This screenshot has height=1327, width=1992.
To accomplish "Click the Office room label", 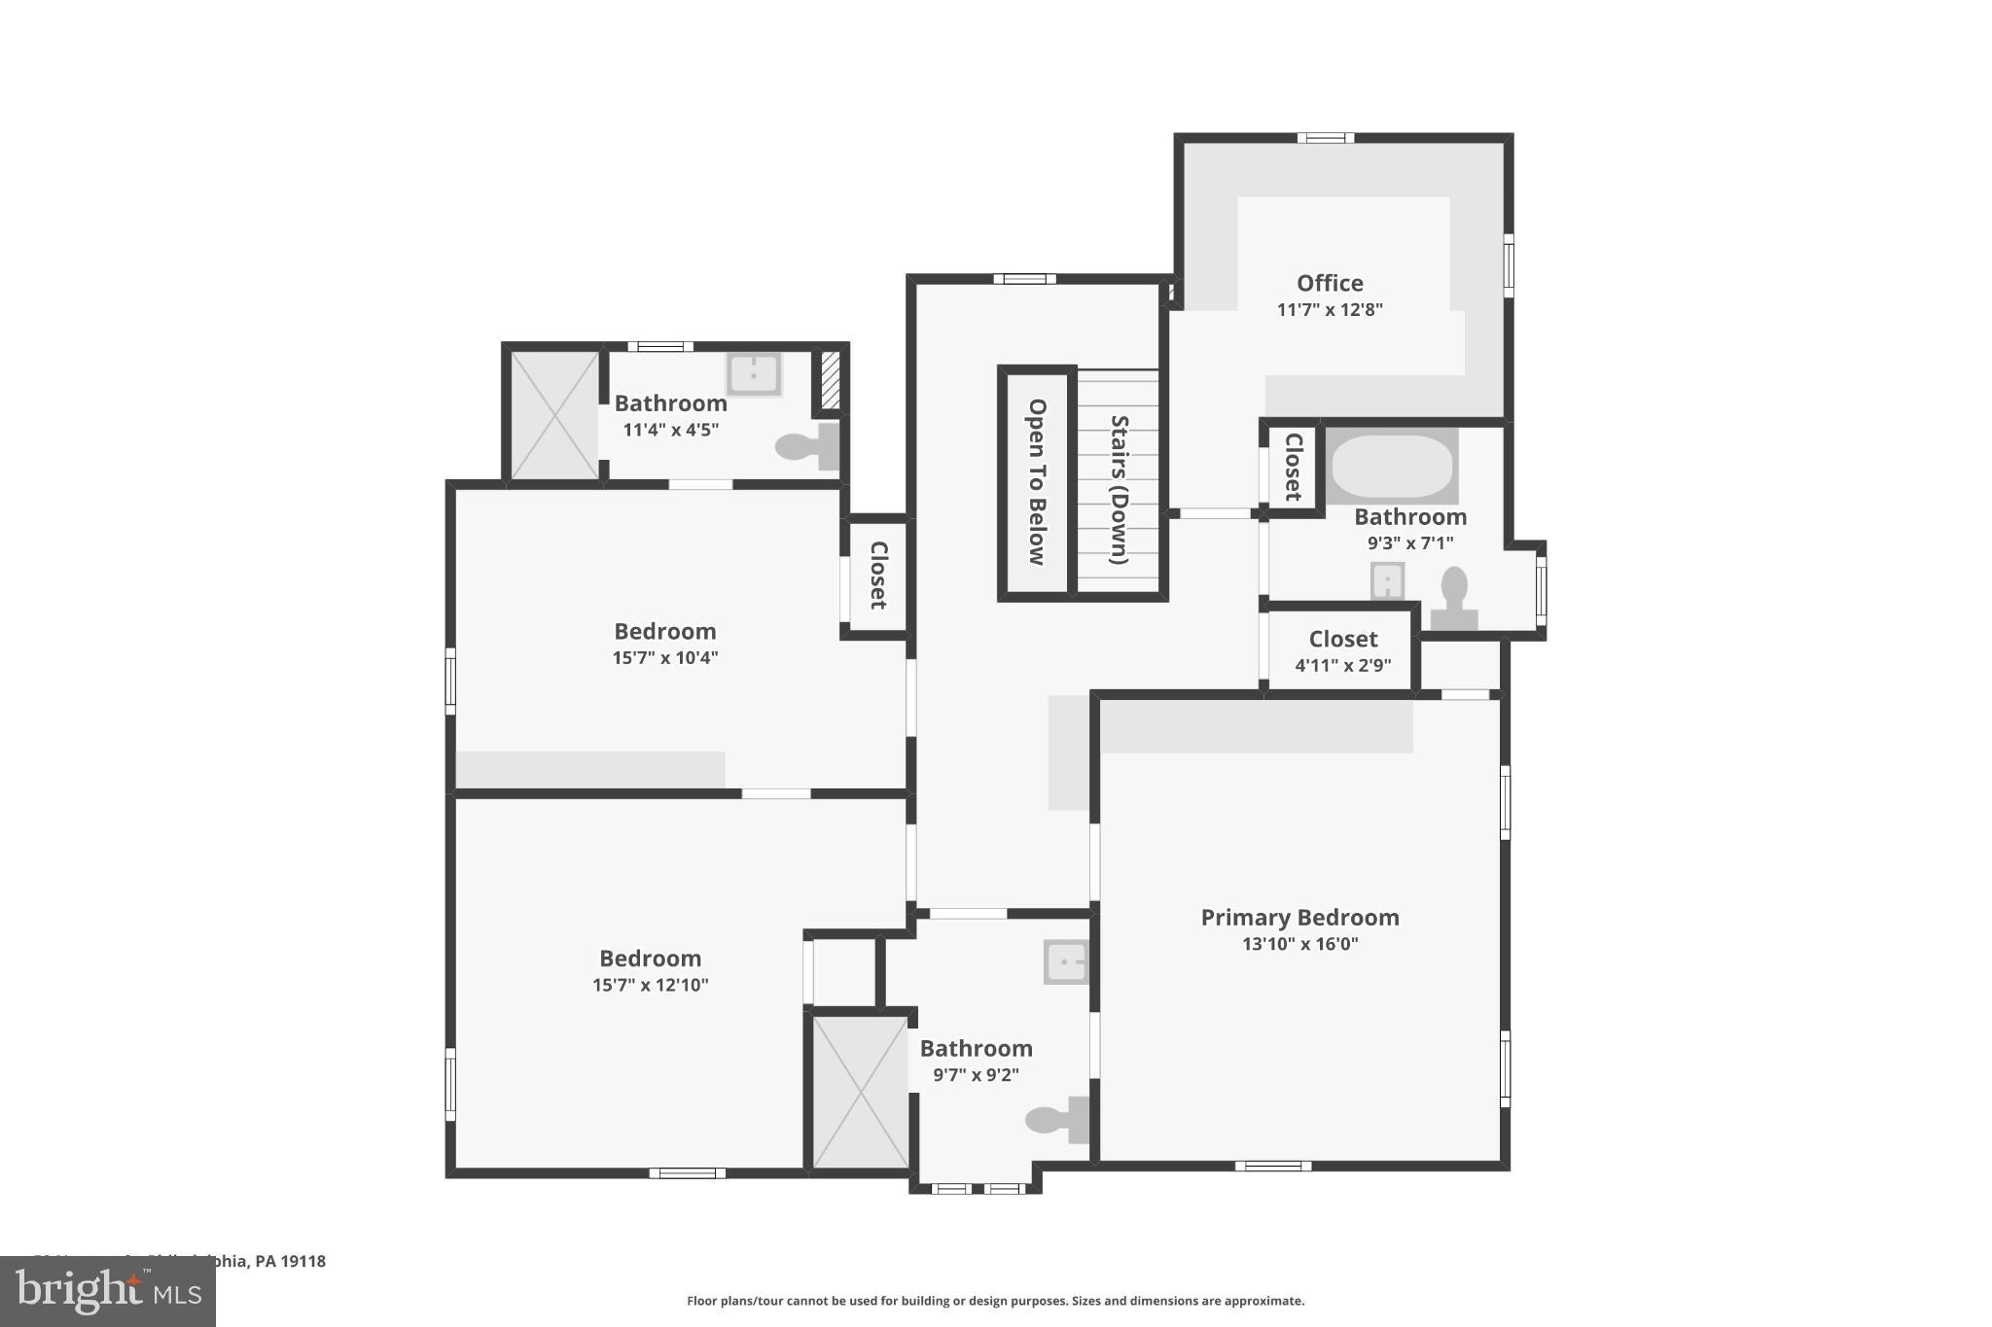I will [x=1329, y=283].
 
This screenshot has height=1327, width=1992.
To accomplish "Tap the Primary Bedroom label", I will [x=1299, y=917].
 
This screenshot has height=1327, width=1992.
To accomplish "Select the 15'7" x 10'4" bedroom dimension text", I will [x=664, y=657].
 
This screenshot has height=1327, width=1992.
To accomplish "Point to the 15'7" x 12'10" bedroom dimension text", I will [x=650, y=984].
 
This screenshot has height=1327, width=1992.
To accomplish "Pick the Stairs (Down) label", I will [x=1120, y=489].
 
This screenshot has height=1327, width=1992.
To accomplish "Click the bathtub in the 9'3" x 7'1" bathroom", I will [x=1392, y=467].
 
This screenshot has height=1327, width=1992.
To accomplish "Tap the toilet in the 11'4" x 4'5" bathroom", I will [x=805, y=447].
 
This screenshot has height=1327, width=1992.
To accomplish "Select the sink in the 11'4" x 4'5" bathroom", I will [x=754, y=373].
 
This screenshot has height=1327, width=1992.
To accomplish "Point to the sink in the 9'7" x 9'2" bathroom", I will [x=1066, y=961].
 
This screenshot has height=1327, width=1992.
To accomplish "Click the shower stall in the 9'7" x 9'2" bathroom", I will [x=860, y=1092].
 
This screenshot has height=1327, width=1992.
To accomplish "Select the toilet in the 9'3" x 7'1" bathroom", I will [x=1454, y=598].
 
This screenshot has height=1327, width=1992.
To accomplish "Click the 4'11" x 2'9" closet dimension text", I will [x=1342, y=665].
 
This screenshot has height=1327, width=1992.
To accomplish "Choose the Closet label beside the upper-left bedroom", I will [x=877, y=575].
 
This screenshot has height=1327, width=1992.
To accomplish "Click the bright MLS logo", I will [x=108, y=1291].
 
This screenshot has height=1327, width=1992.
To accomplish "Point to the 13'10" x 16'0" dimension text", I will [x=1299, y=943].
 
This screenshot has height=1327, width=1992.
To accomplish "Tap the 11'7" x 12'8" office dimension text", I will [x=1329, y=309].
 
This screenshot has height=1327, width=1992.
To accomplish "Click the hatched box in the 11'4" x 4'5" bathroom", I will [x=830, y=380].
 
